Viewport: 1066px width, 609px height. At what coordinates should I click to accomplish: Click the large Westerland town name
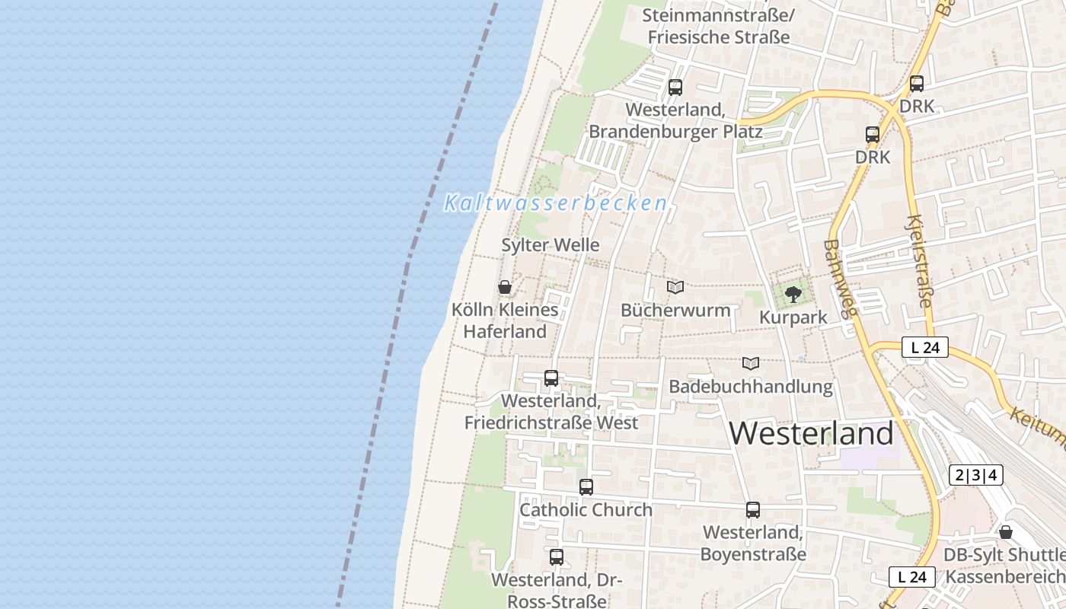click(x=811, y=433)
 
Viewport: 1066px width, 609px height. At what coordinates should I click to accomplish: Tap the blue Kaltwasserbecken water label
click(x=556, y=203)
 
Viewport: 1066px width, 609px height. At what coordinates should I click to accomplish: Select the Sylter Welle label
click(x=551, y=245)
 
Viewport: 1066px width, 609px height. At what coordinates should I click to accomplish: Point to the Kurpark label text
click(x=793, y=317)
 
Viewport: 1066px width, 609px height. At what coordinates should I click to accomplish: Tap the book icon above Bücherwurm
click(x=675, y=287)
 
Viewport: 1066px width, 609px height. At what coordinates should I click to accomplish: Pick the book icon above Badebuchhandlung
click(x=751, y=363)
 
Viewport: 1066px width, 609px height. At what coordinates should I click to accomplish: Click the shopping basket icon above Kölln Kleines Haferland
click(x=504, y=287)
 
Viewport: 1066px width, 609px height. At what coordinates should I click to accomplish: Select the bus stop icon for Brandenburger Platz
click(x=675, y=87)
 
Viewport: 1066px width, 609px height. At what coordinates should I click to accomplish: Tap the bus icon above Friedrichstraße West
click(x=551, y=378)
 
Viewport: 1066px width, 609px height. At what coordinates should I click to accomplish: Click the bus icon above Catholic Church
click(x=586, y=486)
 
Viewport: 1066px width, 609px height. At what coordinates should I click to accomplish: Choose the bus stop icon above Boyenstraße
click(x=753, y=509)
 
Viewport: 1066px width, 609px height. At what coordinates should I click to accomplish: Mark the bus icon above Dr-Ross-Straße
click(x=557, y=556)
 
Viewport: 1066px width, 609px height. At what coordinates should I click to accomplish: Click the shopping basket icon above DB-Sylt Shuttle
click(x=1006, y=531)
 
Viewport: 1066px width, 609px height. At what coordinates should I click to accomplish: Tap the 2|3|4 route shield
click(x=976, y=476)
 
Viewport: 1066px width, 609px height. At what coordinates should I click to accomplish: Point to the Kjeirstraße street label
click(x=917, y=261)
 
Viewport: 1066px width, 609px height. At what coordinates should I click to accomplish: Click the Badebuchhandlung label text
click(x=751, y=387)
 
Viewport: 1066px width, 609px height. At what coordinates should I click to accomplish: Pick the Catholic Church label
click(x=586, y=510)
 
